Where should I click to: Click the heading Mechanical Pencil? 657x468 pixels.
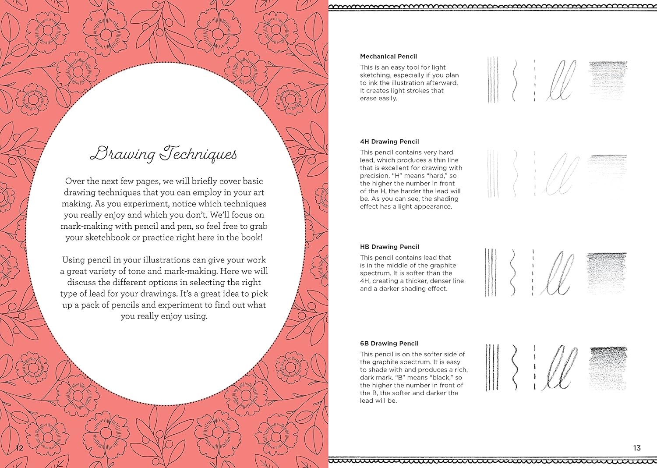point(388,57)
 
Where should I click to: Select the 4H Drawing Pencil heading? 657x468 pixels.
point(389,142)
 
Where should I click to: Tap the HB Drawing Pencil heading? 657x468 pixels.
point(389,247)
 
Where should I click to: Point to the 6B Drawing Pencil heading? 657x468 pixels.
point(389,344)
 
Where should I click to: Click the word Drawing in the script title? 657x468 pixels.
point(122,154)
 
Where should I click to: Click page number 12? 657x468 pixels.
point(19,448)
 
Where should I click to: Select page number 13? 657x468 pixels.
point(637,448)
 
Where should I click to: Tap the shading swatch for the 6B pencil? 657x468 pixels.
point(608,368)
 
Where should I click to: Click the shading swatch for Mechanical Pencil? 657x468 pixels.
point(608,80)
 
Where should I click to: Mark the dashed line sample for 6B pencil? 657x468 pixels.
point(535,368)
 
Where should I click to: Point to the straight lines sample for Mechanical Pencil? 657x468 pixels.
point(493,80)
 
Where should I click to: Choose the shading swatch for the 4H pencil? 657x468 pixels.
point(608,173)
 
